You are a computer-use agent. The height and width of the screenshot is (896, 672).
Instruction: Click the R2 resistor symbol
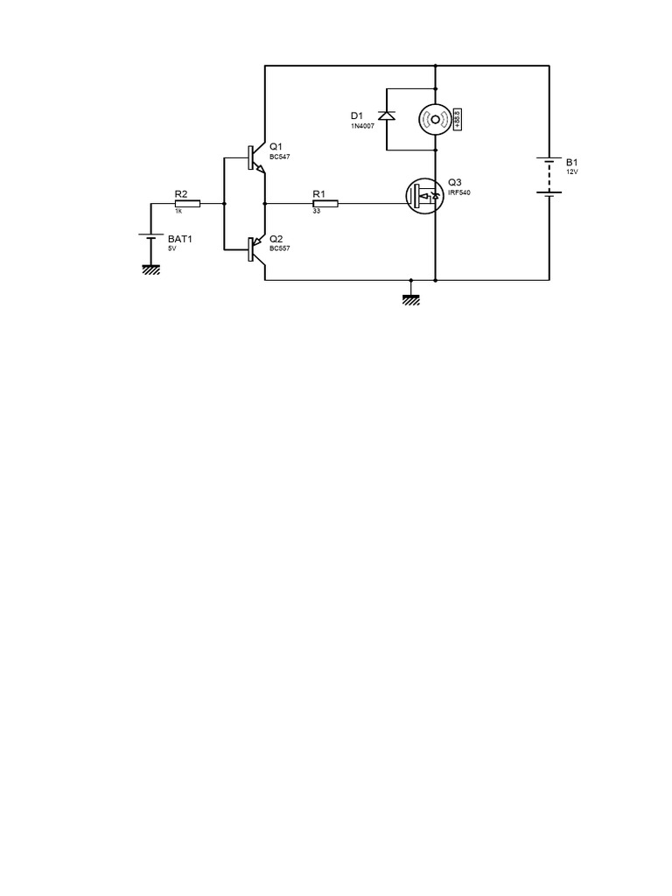pyautogui.click(x=187, y=203)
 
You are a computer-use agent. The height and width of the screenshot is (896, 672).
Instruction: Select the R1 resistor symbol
pyautogui.click(x=325, y=203)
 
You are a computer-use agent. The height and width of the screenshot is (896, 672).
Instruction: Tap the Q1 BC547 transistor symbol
pyautogui.click(x=257, y=158)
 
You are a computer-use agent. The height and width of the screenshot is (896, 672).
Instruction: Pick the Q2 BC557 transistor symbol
pyautogui.click(x=257, y=250)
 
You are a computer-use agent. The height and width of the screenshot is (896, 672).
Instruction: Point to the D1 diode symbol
pyautogui.click(x=387, y=115)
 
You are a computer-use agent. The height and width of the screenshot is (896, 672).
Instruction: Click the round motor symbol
pyautogui.click(x=436, y=119)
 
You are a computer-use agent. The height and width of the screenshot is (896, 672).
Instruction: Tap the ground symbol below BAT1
pyautogui.click(x=150, y=269)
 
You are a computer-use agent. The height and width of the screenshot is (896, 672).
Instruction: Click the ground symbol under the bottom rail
pyautogui.click(x=411, y=300)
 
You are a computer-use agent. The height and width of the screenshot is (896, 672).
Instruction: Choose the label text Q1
pyautogui.click(x=276, y=147)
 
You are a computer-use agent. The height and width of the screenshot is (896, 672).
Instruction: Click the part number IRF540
pyautogui.click(x=459, y=193)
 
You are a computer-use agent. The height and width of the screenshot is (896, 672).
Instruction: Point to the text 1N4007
pyautogui.click(x=362, y=126)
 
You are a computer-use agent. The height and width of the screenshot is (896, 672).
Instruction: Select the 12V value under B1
pyautogui.click(x=572, y=172)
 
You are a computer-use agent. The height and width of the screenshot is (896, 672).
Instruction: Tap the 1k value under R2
pyautogui.click(x=178, y=212)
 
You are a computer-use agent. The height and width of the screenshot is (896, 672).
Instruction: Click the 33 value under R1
pyautogui.click(x=317, y=212)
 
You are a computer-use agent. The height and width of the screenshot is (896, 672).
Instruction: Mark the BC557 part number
pyautogui.click(x=280, y=249)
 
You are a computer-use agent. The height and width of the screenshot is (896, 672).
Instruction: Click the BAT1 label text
pyautogui.click(x=180, y=239)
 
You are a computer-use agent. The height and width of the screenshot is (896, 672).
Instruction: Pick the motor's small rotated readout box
pyautogui.click(x=458, y=119)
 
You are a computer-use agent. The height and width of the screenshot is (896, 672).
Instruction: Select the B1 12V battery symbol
pyautogui.click(x=549, y=177)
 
